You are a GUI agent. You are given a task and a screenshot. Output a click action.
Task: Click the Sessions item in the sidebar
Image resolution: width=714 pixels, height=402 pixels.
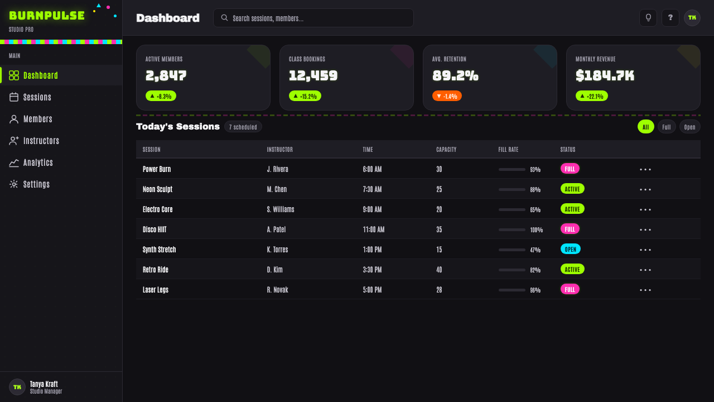37,97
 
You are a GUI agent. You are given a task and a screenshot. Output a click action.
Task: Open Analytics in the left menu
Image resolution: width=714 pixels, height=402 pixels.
38,162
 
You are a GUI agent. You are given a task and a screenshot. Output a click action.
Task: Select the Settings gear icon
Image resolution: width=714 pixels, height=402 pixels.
14,184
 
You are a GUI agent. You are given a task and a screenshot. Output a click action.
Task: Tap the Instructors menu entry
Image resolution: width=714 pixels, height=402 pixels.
41,141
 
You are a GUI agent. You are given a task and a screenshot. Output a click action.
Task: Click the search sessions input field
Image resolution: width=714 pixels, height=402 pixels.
313,18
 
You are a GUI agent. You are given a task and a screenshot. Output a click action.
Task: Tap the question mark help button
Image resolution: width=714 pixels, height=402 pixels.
670,17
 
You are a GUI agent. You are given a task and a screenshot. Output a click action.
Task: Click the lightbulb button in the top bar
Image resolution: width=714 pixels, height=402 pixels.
648,17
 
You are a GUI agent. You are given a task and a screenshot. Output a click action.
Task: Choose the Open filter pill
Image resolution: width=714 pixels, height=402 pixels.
690,127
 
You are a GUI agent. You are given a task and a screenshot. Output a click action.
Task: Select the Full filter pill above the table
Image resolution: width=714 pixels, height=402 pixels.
667,127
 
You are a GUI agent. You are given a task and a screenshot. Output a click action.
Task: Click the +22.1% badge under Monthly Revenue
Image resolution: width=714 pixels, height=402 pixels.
592,96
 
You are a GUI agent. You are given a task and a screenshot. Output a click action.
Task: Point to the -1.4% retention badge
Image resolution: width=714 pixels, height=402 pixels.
447,96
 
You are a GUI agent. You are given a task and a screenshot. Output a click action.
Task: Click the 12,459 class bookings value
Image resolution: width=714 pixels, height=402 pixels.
313,75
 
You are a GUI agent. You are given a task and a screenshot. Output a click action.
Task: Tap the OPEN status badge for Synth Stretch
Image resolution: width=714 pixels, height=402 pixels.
571,249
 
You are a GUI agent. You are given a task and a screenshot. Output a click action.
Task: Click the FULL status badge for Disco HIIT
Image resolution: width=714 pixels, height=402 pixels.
570,229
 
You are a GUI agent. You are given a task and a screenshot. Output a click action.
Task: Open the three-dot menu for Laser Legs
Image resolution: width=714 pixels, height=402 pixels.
645,290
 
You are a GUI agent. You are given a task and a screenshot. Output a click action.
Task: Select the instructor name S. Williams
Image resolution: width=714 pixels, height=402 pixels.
281,209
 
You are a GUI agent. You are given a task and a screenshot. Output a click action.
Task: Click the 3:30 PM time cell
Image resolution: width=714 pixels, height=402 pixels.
372,270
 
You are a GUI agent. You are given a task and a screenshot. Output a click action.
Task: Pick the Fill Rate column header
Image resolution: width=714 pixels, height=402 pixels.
508,149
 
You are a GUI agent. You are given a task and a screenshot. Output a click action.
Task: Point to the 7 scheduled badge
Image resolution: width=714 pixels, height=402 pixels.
243,127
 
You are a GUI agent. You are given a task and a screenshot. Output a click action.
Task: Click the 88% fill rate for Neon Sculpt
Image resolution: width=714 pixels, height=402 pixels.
535,189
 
